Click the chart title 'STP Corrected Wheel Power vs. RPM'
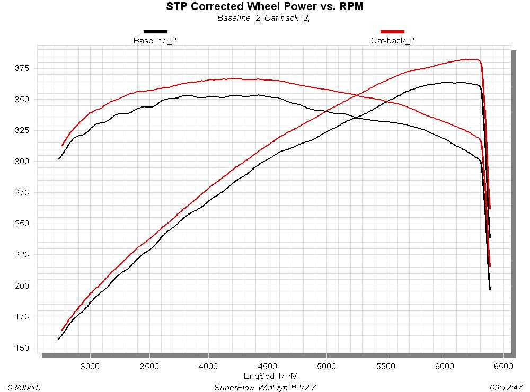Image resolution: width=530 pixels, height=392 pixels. (264, 7)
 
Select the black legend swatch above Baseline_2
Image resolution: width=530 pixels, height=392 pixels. (155, 32)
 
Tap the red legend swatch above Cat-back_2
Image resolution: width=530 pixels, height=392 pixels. (392, 32)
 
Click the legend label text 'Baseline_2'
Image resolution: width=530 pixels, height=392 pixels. (155, 41)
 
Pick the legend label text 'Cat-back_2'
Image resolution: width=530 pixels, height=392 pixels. (392, 41)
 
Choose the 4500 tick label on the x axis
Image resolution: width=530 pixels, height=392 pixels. (268, 367)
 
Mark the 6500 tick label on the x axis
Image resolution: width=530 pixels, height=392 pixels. (505, 367)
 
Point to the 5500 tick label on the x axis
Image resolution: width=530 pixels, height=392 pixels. (386, 367)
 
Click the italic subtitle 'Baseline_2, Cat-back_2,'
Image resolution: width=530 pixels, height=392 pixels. (263, 18)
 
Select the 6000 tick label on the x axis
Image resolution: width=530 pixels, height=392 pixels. (445, 367)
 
